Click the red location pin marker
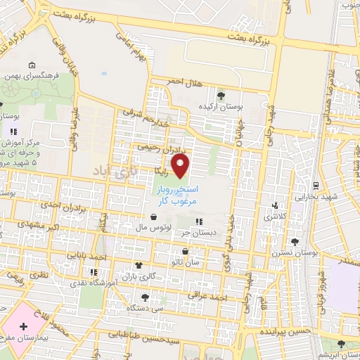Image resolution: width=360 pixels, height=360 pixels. click(x=181, y=166)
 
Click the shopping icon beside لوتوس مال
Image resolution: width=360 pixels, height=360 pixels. click(x=153, y=217)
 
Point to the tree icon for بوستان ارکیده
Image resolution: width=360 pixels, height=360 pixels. click(x=221, y=95)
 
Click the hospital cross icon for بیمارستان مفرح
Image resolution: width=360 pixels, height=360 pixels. click(x=24, y=326)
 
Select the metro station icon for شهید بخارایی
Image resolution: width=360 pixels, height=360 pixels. click(x=316, y=186)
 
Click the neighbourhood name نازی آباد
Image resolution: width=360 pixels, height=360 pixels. click(x=112, y=171)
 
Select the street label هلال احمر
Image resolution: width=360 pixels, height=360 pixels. click(x=184, y=83)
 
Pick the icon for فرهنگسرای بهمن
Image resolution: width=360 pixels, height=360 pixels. click(x=32, y=65)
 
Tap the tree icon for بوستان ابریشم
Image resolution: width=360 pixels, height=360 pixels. click(x=341, y=344)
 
